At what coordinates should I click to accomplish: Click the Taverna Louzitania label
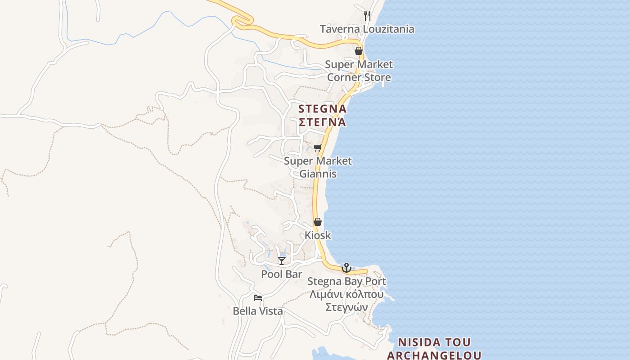[x=367, y=29]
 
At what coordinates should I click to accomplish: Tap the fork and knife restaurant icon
[x=367, y=16]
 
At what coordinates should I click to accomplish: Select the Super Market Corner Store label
[x=359, y=71]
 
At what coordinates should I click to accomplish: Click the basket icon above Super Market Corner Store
[x=359, y=51]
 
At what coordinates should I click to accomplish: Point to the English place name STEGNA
[x=322, y=109]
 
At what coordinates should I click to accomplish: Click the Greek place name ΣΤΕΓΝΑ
[x=322, y=122]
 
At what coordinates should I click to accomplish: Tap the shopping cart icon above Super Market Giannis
[x=317, y=148]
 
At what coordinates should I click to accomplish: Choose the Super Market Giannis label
[x=318, y=167]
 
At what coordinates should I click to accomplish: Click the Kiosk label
[x=318, y=235]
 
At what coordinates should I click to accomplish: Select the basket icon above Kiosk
[x=318, y=222]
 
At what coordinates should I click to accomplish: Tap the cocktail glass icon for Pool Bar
[x=282, y=261]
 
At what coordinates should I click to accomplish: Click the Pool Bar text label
[x=282, y=274]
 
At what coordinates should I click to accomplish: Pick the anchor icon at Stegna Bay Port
[x=346, y=268]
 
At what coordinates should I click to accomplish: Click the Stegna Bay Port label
[x=346, y=282]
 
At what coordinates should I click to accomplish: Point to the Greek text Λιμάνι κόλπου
[x=346, y=295]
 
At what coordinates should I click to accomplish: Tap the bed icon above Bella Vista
[x=258, y=297]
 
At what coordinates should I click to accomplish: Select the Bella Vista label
[x=258, y=311]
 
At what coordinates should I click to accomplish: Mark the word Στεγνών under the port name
[x=346, y=307]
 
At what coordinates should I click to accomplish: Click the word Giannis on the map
[x=318, y=174]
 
